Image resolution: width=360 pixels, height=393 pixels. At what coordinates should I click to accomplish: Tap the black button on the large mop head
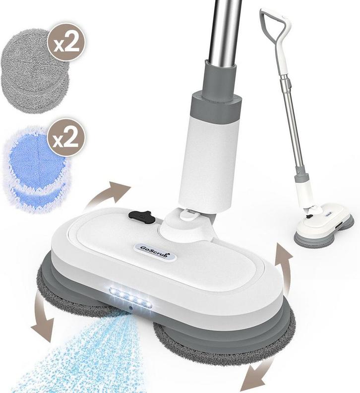141,216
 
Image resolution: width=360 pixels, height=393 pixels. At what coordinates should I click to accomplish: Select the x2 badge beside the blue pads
66,137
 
